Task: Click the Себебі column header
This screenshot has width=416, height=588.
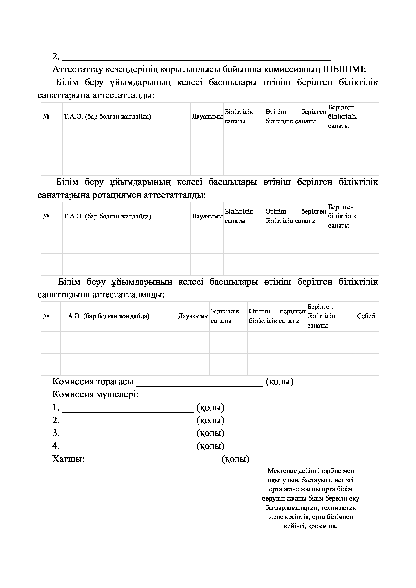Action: point(366,316)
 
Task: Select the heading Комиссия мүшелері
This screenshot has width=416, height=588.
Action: point(95,394)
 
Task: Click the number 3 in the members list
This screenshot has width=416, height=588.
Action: point(56,433)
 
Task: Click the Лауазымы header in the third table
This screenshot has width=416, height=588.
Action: point(193,316)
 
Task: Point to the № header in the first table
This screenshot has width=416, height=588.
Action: point(46,117)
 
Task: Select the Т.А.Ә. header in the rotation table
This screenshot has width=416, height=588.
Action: point(107,216)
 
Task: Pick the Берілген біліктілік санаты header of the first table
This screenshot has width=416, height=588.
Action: point(342,117)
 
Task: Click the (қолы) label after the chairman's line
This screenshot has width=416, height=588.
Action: point(279,382)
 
